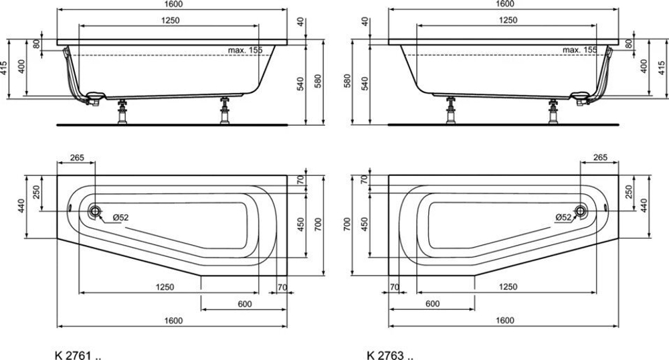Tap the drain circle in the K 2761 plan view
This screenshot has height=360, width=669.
[95, 211]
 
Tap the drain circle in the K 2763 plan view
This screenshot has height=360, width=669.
[580, 211]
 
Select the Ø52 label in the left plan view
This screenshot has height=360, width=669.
[120, 217]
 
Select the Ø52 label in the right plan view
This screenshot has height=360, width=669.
[563, 217]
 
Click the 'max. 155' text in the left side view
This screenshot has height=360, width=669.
[245, 50]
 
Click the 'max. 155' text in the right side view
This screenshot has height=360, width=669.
[580, 50]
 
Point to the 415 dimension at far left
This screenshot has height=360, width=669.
[4, 68]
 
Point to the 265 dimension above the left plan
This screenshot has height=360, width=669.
[77, 158]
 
